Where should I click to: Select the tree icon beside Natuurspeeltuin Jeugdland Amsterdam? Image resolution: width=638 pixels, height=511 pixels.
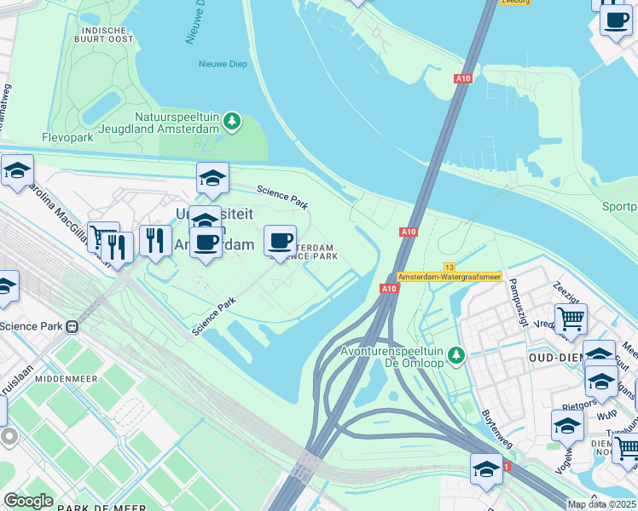[231, 123]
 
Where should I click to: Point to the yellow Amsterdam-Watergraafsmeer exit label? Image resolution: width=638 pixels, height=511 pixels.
[449, 278]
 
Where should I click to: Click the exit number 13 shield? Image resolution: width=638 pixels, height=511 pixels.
[449, 267]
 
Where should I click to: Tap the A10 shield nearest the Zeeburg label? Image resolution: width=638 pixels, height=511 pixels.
[463, 78]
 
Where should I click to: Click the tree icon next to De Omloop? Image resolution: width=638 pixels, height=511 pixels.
[456, 354]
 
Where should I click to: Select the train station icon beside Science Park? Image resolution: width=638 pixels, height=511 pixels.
[72, 325]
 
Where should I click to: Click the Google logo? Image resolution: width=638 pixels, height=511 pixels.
[28, 501]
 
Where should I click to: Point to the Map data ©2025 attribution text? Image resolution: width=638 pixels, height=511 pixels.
[600, 504]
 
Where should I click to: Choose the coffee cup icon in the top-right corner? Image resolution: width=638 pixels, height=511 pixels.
[615, 20]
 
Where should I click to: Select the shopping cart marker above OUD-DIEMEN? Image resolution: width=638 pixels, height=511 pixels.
[571, 320]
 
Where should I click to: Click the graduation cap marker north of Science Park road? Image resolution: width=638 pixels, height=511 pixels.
[212, 178]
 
